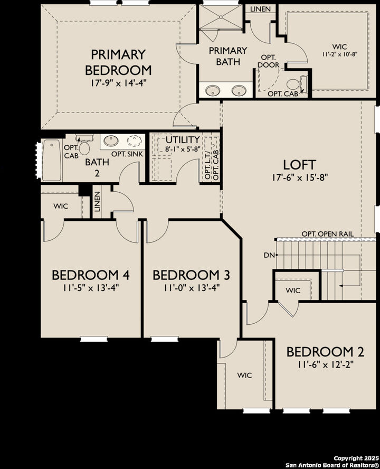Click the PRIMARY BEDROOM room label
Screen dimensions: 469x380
click(118, 62)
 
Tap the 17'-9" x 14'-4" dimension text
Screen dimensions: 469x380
click(118, 82)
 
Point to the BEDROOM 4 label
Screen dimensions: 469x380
click(91, 275)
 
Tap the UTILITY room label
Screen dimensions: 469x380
click(183, 139)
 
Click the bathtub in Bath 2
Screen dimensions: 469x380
click(52, 160)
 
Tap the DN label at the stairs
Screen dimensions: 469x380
click(269, 255)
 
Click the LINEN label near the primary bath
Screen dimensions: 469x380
click(261, 9)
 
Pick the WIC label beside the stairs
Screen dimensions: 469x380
click(293, 290)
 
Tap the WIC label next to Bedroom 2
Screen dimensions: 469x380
click(244, 375)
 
